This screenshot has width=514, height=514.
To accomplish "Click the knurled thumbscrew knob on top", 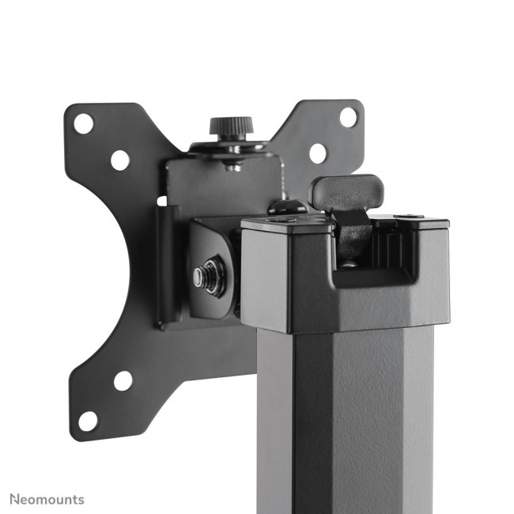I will [x=231, y=127].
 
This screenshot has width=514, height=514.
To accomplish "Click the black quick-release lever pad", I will [x=346, y=191].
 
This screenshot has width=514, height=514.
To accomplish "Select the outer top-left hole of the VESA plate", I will [x=83, y=123].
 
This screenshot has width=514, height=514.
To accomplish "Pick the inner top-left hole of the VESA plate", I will [x=120, y=161].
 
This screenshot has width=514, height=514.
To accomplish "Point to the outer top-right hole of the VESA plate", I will [x=347, y=116].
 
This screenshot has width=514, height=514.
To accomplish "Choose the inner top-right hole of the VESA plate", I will [x=318, y=153].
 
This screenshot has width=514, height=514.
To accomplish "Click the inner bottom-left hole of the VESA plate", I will [x=123, y=380].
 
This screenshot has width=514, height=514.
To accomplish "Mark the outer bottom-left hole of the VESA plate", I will [x=88, y=420].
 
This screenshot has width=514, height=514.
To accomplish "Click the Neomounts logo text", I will [x=47, y=500].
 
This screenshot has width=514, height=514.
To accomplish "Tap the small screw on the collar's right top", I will [x=408, y=217].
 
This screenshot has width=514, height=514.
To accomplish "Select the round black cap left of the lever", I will [x=286, y=207].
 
